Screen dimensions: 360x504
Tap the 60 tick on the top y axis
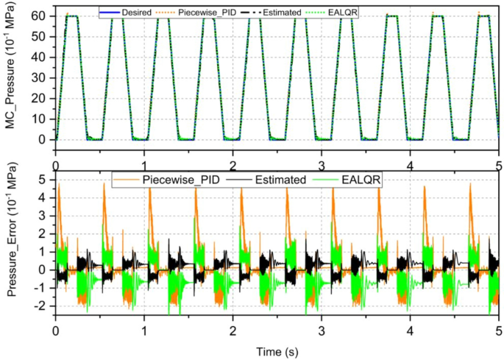point(42,15)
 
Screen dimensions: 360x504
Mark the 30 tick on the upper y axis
point(42,77)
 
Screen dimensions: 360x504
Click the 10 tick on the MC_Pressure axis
point(42,119)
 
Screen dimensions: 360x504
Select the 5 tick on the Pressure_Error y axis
point(45,179)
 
